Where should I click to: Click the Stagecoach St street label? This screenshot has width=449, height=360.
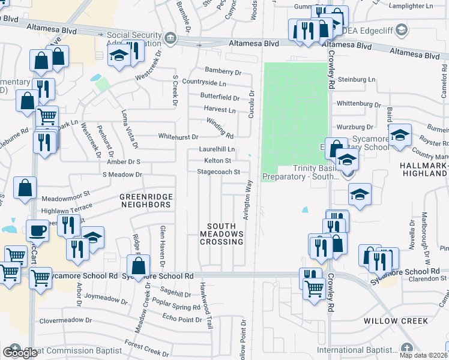click(x=218, y=172)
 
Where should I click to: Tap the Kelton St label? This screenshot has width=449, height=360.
click(x=217, y=161)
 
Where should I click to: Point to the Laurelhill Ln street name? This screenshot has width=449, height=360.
click(x=217, y=149)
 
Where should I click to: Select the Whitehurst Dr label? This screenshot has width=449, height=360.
click(x=178, y=137)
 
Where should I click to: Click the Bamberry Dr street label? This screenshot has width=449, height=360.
click(x=223, y=72)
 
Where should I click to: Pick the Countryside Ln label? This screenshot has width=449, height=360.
click(x=204, y=83)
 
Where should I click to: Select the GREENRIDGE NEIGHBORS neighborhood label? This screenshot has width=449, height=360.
click(x=146, y=200)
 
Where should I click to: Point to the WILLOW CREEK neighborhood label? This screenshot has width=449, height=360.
click(x=396, y=321)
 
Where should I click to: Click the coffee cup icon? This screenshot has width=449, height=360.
click(x=37, y=230)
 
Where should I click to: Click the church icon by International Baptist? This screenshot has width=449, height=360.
click(x=407, y=349)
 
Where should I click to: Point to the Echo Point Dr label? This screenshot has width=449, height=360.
click(x=182, y=319)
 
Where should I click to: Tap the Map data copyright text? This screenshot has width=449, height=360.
click(x=423, y=355)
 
